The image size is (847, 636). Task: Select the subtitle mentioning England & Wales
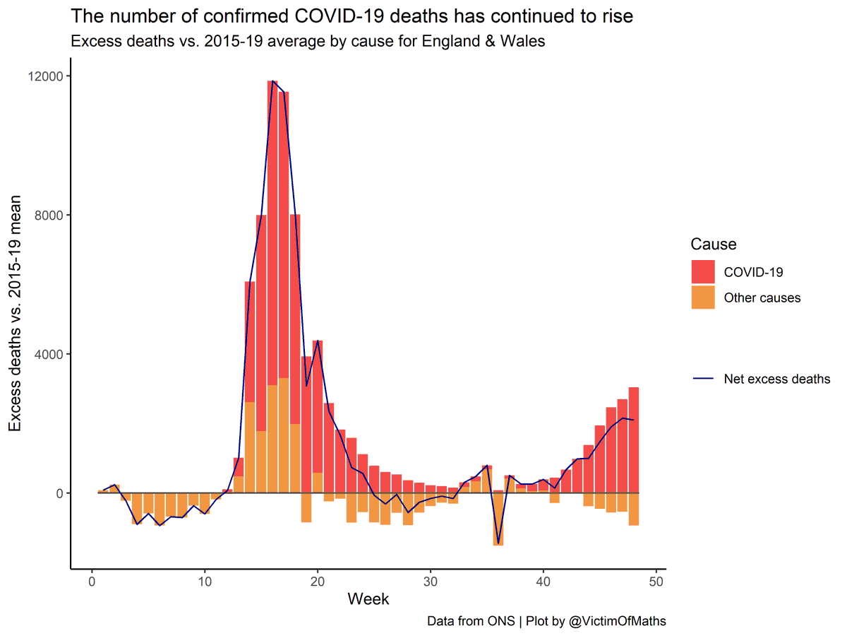(x=308, y=41)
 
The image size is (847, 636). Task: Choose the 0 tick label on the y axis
(x=59, y=493)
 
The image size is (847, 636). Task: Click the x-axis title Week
(x=368, y=599)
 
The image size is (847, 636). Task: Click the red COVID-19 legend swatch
(x=702, y=272)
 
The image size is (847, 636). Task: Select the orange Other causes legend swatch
(x=702, y=298)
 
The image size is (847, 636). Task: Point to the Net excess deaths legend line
(x=702, y=379)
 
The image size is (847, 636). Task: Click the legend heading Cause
(x=713, y=245)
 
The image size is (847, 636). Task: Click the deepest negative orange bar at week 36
(x=498, y=519)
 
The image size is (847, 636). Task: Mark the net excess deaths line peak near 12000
(x=272, y=81)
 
